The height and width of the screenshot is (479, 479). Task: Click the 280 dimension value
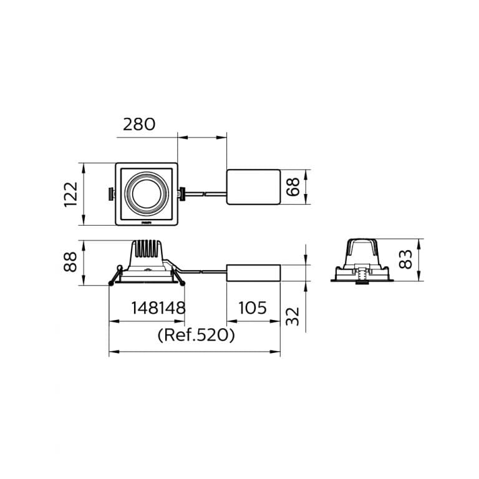click(x=139, y=124)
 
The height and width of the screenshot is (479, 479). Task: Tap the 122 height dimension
click(x=71, y=195)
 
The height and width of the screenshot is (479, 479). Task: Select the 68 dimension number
click(x=293, y=186)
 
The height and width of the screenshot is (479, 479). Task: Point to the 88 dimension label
click(x=70, y=262)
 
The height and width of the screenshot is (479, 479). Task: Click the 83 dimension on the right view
click(x=405, y=259)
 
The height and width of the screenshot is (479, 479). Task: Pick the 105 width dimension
click(x=253, y=308)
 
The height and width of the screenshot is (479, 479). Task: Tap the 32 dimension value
click(x=293, y=317)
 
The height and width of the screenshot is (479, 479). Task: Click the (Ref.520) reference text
click(x=196, y=335)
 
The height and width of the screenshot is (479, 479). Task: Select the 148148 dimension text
click(x=158, y=308)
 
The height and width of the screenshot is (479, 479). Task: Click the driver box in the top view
click(x=254, y=187)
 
